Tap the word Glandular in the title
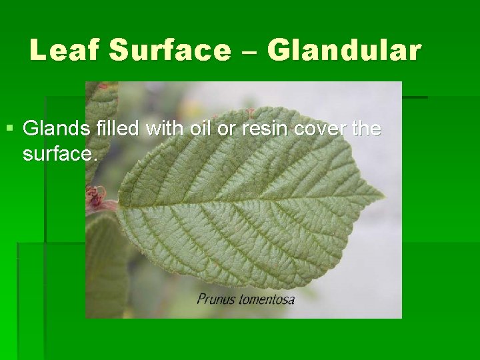click(345, 50)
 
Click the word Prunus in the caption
click(215, 299)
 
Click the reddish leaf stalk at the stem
click(100, 200)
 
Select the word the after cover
click(366, 128)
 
